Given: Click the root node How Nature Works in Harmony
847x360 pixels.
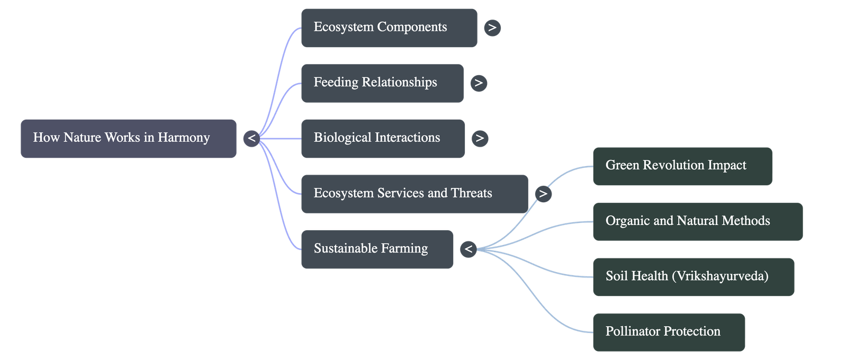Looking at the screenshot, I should [129, 138].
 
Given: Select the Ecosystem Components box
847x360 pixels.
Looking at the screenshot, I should [389, 28].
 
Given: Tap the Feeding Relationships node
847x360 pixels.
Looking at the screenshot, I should [382, 83].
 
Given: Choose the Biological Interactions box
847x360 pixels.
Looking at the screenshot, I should [383, 138].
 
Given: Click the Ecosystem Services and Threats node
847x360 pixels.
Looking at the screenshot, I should [415, 194].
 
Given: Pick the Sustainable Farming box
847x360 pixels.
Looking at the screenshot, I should [377, 249].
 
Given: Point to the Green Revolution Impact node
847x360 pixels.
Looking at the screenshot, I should [682, 166].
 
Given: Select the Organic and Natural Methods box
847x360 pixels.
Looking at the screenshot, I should [697, 221].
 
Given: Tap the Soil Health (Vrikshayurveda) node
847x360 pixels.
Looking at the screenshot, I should [693, 276].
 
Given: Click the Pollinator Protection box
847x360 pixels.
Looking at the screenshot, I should [669, 332].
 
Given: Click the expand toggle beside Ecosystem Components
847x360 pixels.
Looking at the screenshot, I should [492, 28].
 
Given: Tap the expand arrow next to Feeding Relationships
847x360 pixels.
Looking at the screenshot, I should [479, 83].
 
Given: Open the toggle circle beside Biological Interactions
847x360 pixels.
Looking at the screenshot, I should [480, 138].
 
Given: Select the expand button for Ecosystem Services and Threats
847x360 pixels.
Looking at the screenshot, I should [543, 194].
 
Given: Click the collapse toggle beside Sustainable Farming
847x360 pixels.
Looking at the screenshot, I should [468, 249].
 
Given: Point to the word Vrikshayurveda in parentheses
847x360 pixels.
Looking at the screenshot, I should [720, 276].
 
